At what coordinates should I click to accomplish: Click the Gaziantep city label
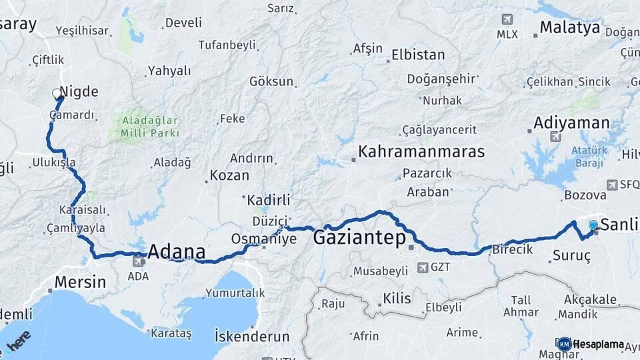(x=359, y=237)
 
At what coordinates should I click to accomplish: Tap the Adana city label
(x=176, y=252)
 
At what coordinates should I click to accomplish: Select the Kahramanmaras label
(x=421, y=151)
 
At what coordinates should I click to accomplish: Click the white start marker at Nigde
(x=57, y=94)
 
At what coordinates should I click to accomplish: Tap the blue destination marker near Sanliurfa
(x=593, y=225)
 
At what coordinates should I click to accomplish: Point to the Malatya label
(x=569, y=28)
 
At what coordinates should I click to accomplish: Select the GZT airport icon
(x=422, y=267)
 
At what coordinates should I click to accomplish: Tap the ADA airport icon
(x=138, y=262)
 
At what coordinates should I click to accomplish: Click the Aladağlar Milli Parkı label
(x=145, y=127)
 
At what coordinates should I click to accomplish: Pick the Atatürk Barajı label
(x=587, y=155)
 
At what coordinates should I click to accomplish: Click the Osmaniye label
(x=263, y=239)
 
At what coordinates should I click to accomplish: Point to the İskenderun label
(x=252, y=336)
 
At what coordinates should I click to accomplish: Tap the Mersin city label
(x=80, y=281)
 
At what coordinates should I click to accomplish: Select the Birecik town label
(x=512, y=250)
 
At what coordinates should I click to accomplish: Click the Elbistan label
(x=418, y=55)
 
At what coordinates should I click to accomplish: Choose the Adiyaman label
(x=571, y=123)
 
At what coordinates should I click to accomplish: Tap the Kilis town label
(x=397, y=298)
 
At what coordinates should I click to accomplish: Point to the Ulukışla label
(x=53, y=163)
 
